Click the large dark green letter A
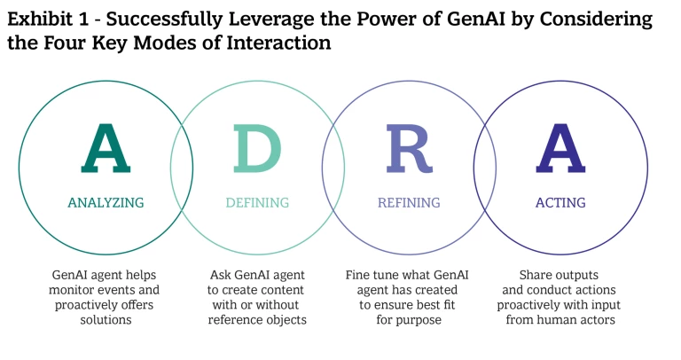pyautogui.click(x=106, y=149)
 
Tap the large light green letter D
pyautogui.click(x=257, y=149)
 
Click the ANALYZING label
pyautogui.click(x=106, y=203)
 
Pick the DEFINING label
pyautogui.click(x=257, y=203)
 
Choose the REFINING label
pyautogui.click(x=409, y=203)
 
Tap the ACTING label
pyautogui.click(x=560, y=203)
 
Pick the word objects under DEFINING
pyautogui.click(x=285, y=319)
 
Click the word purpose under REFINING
pyautogui.click(x=419, y=319)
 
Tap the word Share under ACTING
pyautogui.click(x=539, y=276)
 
